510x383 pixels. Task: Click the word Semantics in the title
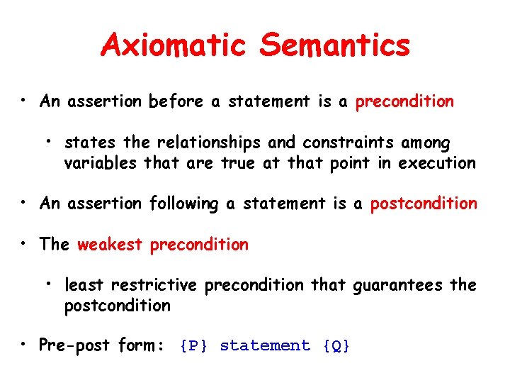pos(334,45)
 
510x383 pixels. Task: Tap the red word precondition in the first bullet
pos(404,102)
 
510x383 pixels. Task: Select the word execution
pos(437,163)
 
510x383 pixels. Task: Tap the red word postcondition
pos(424,204)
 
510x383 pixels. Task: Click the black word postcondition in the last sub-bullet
pos(118,306)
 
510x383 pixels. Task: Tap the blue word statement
pos(265,346)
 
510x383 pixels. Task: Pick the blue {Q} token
pos(336,346)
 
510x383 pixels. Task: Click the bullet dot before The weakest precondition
pos(25,244)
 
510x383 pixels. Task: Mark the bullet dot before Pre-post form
pos(25,345)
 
